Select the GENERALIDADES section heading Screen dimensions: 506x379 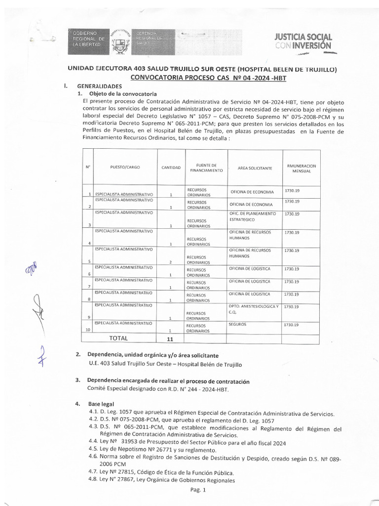99,86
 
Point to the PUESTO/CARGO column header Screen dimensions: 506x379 125,168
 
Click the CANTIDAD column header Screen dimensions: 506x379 170,168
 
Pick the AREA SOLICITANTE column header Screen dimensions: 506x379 255,168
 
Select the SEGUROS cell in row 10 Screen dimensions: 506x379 237,324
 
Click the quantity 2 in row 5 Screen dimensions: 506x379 170,262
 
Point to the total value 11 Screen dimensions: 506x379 170,338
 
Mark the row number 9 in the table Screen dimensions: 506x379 89,317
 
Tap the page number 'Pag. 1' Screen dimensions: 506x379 197,490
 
